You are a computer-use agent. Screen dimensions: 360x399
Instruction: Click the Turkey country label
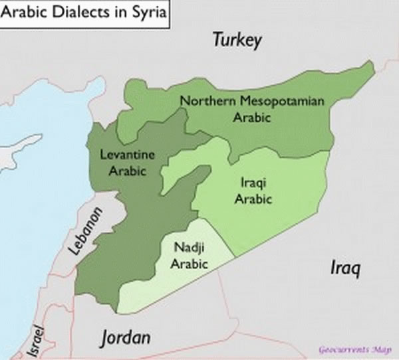click(237, 40)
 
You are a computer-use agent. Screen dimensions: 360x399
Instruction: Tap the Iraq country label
click(345, 268)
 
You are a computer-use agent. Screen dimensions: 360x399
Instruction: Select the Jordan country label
click(125, 337)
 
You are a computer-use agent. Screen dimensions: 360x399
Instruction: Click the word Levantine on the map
click(127, 155)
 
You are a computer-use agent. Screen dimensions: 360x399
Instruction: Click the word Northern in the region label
click(203, 102)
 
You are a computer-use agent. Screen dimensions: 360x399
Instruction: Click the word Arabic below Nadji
click(190, 264)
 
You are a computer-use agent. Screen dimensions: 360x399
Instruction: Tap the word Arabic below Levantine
click(127, 170)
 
